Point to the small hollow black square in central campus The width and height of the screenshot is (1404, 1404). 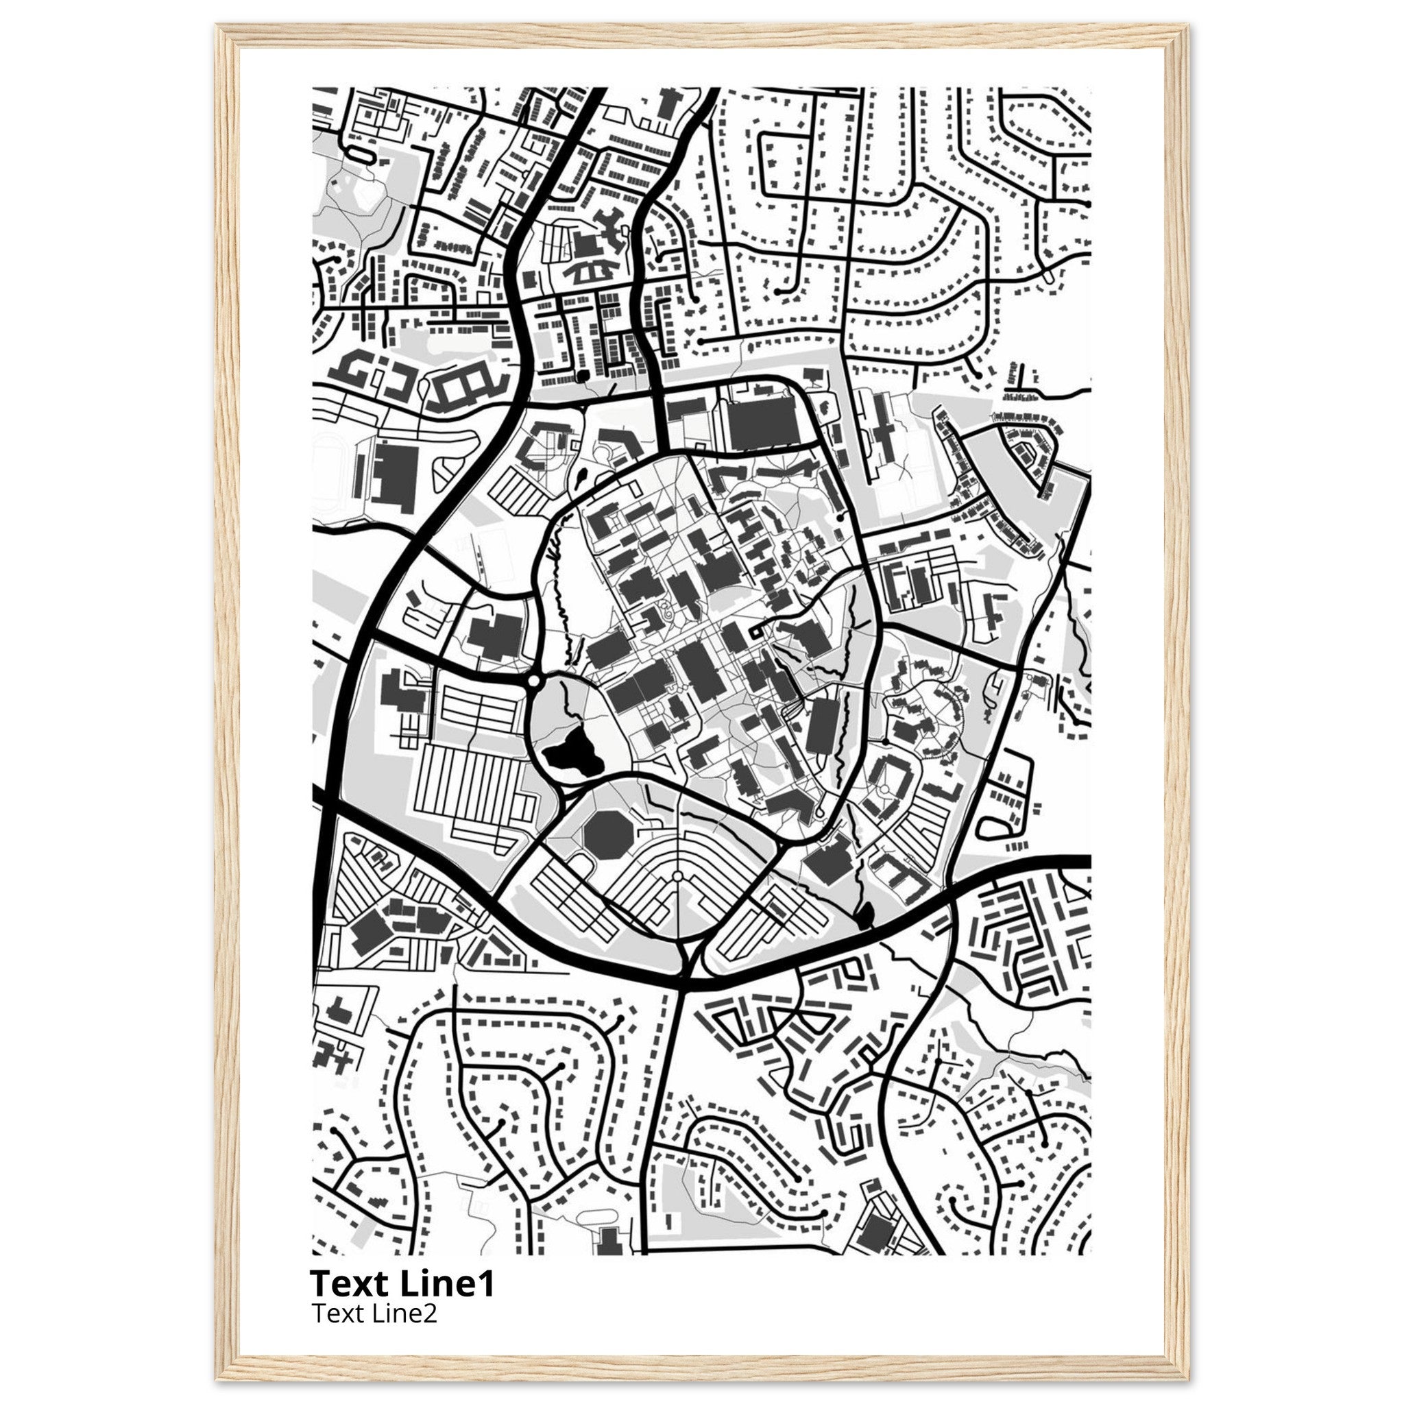(x=755, y=631)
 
